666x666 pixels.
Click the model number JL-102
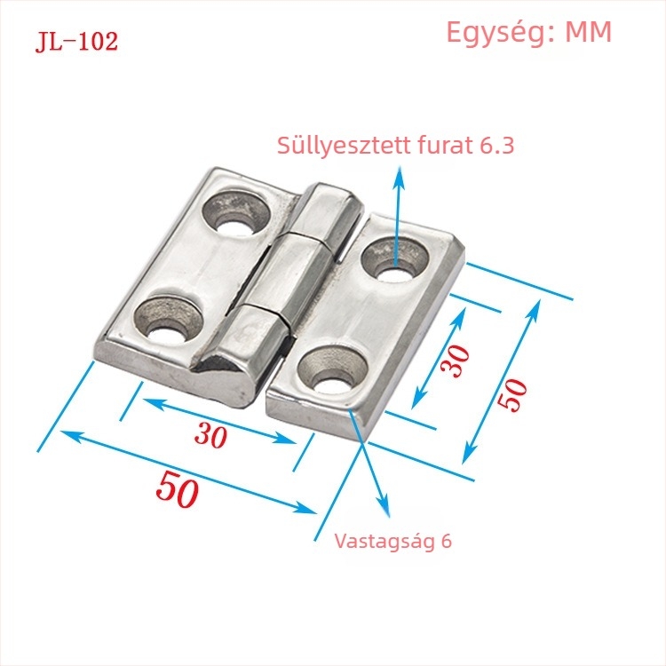point(76,42)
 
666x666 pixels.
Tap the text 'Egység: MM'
point(529,33)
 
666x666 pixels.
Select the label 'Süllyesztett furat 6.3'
point(395,146)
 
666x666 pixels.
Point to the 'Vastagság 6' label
point(392,541)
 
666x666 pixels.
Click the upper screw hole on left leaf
point(236,212)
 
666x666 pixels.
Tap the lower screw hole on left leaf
point(168,319)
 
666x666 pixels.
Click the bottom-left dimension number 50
point(177,489)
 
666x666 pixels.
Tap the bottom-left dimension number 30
point(210,435)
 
